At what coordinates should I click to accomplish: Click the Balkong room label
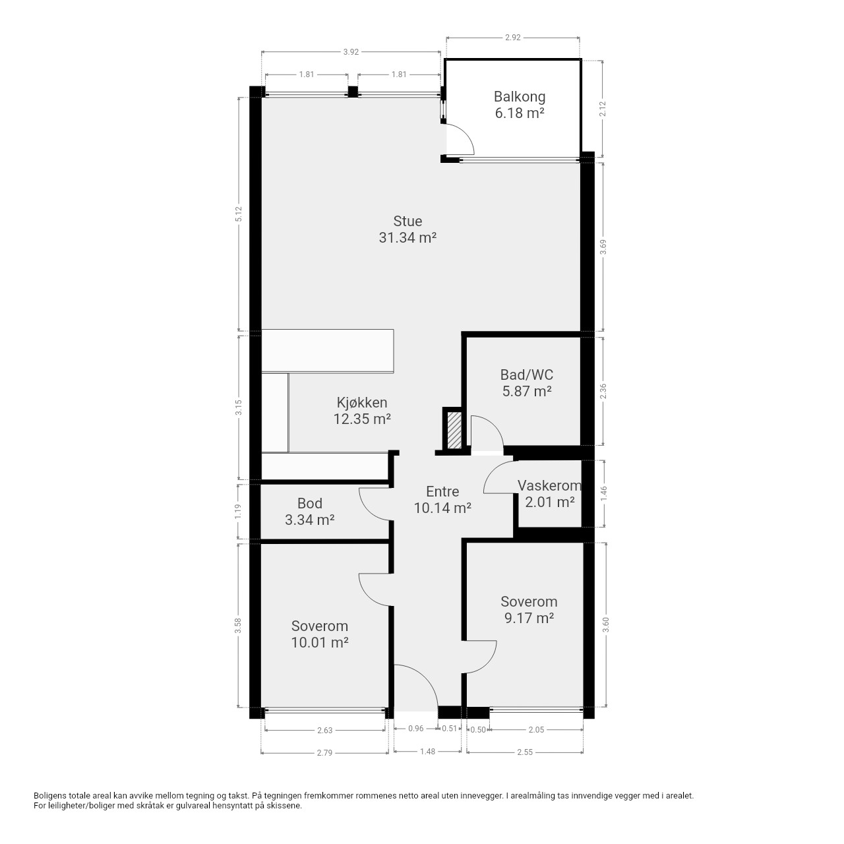(520, 105)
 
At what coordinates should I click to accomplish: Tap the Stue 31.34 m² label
(407, 229)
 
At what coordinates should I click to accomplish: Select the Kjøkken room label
(362, 410)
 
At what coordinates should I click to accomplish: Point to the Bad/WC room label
(526, 382)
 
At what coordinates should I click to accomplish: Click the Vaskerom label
(550, 493)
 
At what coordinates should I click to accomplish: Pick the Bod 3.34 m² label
(310, 511)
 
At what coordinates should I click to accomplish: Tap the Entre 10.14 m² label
(442, 499)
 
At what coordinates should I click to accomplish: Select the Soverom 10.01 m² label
(320, 634)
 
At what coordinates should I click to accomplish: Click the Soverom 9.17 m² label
(529, 610)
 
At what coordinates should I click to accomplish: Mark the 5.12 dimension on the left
(239, 214)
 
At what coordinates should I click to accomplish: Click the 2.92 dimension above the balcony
(513, 37)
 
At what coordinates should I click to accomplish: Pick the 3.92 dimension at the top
(351, 51)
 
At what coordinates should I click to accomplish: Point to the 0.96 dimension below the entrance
(415, 729)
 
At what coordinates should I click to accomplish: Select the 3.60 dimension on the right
(606, 625)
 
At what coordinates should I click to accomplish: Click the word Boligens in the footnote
(49, 795)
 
